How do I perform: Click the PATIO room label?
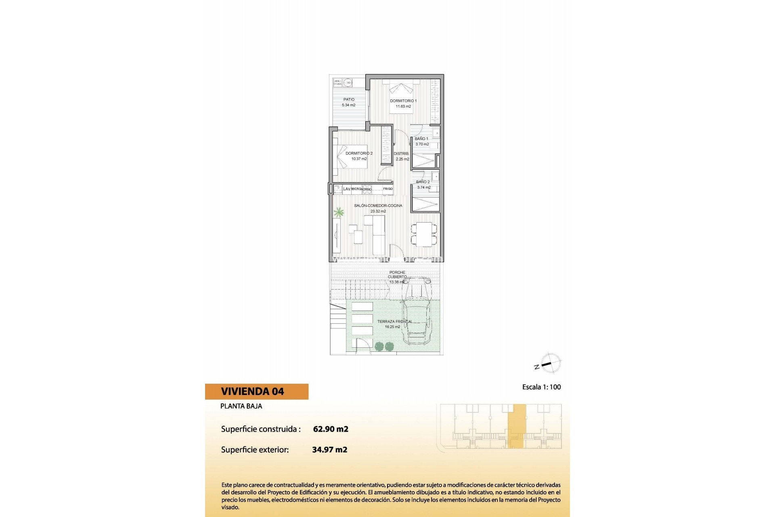349,99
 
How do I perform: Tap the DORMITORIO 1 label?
403,101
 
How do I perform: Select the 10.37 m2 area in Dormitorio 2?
359,159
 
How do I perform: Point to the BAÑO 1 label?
421,139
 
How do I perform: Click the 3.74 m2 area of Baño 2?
424,187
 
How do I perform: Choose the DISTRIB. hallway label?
401,153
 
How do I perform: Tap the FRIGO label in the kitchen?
387,189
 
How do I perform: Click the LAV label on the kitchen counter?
347,189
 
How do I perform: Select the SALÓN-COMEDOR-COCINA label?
378,206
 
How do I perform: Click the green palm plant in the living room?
339,212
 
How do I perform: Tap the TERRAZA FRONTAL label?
394,322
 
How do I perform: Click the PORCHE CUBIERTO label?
397,275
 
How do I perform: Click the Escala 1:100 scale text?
541,387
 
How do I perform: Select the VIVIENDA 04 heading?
252,391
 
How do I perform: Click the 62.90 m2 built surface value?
331,429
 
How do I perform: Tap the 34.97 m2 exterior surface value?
330,450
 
